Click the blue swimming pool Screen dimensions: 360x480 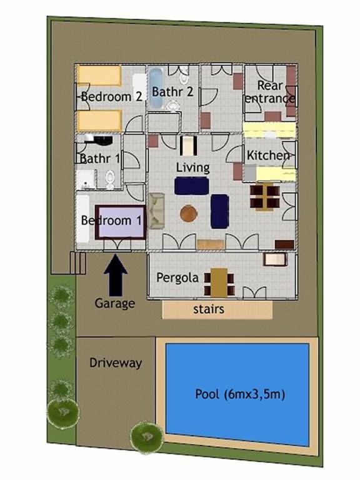click(237, 394)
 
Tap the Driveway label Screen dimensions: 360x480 click(116, 362)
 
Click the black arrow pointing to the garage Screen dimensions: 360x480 click(116, 275)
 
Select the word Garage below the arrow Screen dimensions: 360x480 click(115, 303)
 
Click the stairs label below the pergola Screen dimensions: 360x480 click(209, 309)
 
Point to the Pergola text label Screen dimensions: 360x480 click(177, 277)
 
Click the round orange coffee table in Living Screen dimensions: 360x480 click(188, 213)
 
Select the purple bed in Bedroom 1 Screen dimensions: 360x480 click(120, 222)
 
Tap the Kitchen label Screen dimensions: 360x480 click(268, 155)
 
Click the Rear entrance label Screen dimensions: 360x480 click(270, 92)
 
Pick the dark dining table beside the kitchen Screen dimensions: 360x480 click(265, 197)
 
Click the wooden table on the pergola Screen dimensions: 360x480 click(219, 282)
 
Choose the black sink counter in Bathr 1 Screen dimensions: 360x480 click(98, 139)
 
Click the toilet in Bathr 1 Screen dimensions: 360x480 click(110, 180)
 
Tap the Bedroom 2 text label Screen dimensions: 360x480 click(112, 97)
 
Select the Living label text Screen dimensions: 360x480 click(193, 167)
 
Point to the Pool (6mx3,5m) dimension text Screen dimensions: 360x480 click(240, 394)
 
